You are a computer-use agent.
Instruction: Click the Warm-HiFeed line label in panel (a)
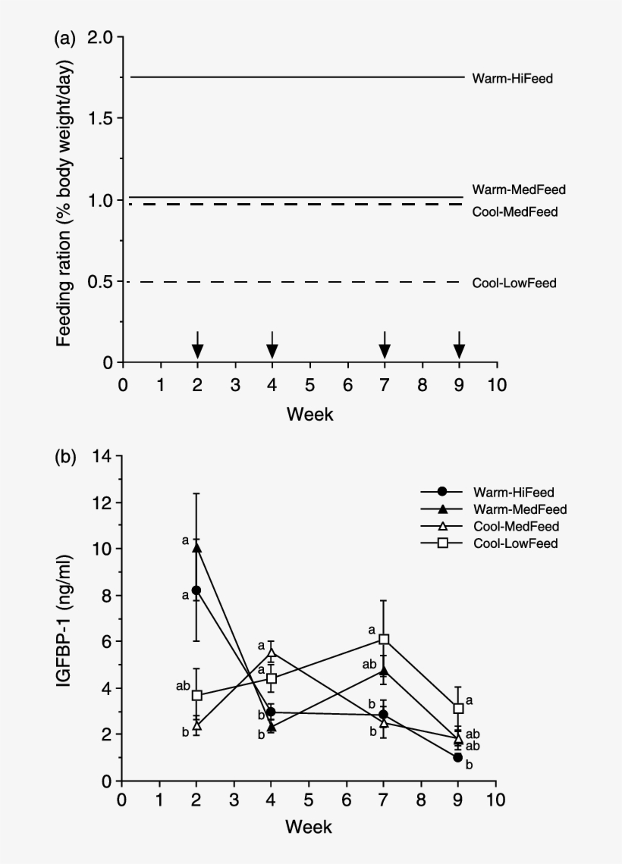coord(513,78)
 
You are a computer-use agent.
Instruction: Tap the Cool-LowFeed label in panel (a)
coord(514,283)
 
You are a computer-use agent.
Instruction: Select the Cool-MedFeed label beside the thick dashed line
coord(514,212)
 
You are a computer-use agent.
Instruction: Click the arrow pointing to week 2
coord(197,345)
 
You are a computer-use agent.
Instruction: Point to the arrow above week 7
coord(385,345)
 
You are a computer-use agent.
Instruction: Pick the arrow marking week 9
coord(459,345)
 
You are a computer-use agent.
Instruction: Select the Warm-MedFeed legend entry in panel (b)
coord(520,509)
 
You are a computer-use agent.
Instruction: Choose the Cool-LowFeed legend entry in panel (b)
coord(516,543)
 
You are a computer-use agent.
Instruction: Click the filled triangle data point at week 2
coord(197,547)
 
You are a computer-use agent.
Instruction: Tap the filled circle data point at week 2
coord(196,590)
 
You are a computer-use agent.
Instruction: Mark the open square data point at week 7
coord(385,640)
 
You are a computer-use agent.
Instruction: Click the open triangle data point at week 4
coord(272,653)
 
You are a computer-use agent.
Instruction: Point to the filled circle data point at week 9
coord(458,757)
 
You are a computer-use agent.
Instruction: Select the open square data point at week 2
coord(197,695)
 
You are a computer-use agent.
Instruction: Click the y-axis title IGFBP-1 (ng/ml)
coord(66,620)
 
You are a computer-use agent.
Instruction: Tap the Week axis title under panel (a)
coord(309,414)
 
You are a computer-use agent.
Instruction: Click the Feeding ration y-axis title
coord(66,199)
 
